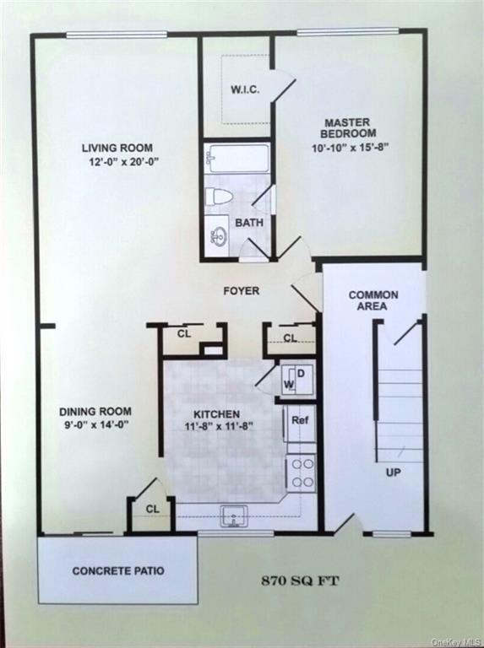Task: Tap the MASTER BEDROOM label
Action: [349, 128]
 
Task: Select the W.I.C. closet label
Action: [245, 89]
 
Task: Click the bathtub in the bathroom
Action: [237, 159]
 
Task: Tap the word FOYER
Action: [241, 291]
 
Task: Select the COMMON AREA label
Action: [373, 300]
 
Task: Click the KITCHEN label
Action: [216, 414]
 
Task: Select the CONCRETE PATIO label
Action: [118, 571]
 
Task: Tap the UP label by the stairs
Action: [393, 472]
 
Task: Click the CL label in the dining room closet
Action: [152, 509]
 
